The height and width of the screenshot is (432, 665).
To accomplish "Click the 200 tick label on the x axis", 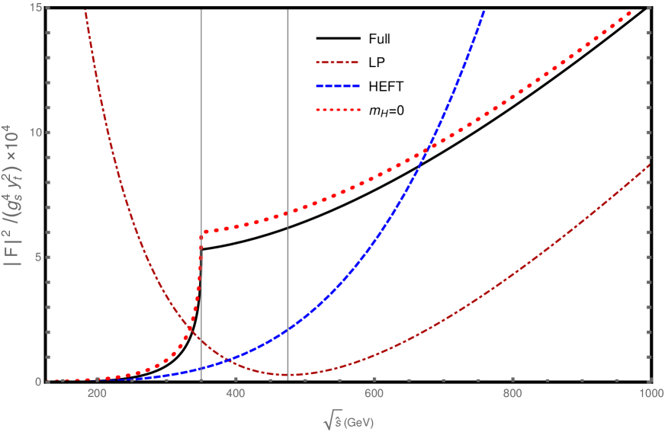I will (x=97, y=394).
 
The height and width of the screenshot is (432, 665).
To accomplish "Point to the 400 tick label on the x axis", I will (x=236, y=394).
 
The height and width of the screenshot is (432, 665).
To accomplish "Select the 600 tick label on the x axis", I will (x=374, y=394).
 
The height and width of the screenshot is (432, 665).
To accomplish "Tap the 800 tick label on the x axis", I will (x=512, y=394).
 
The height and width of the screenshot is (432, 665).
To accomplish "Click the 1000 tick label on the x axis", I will (x=650, y=394).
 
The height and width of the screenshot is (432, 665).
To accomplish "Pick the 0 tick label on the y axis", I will (x=38, y=381).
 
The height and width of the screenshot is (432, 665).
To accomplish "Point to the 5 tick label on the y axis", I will (x=38, y=257).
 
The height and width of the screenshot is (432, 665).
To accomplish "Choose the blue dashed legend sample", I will (x=337, y=87).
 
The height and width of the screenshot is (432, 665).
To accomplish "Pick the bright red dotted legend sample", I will (x=337, y=110).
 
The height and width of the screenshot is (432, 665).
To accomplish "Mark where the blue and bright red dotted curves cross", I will (x=429, y=146).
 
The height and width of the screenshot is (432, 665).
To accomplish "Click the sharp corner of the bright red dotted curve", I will (x=202, y=234).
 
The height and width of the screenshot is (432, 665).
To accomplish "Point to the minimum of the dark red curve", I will (x=288, y=375).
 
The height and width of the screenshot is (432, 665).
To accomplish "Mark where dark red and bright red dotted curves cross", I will (x=188, y=328).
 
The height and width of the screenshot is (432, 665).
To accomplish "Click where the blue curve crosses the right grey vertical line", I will (x=288, y=331).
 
